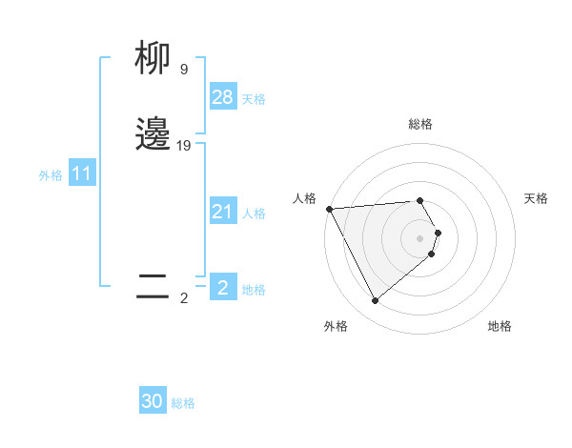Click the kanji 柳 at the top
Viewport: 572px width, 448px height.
(x=153, y=60)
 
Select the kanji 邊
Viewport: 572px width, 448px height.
(x=153, y=134)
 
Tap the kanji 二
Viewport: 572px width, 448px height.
(x=153, y=285)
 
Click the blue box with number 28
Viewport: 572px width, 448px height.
(x=223, y=97)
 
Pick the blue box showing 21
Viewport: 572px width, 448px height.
(x=223, y=212)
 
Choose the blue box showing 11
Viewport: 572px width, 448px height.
(x=82, y=174)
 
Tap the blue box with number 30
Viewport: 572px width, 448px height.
(x=153, y=401)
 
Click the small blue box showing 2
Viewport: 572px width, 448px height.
(x=223, y=288)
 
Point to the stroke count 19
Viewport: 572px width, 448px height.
(x=184, y=146)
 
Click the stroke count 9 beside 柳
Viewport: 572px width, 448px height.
(x=183, y=70)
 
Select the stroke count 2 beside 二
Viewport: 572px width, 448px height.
(x=183, y=298)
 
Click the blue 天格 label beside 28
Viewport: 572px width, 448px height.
(x=254, y=99)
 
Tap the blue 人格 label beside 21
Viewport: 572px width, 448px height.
(x=254, y=214)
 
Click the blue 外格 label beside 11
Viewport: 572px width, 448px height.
(x=51, y=175)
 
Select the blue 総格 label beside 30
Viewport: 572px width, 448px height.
(x=183, y=403)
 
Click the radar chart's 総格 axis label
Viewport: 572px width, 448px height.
(x=420, y=124)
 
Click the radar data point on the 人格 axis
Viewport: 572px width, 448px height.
(x=329, y=209)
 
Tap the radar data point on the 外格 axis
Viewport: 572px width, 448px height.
(x=375, y=301)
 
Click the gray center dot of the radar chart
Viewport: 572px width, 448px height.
(x=420, y=238)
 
